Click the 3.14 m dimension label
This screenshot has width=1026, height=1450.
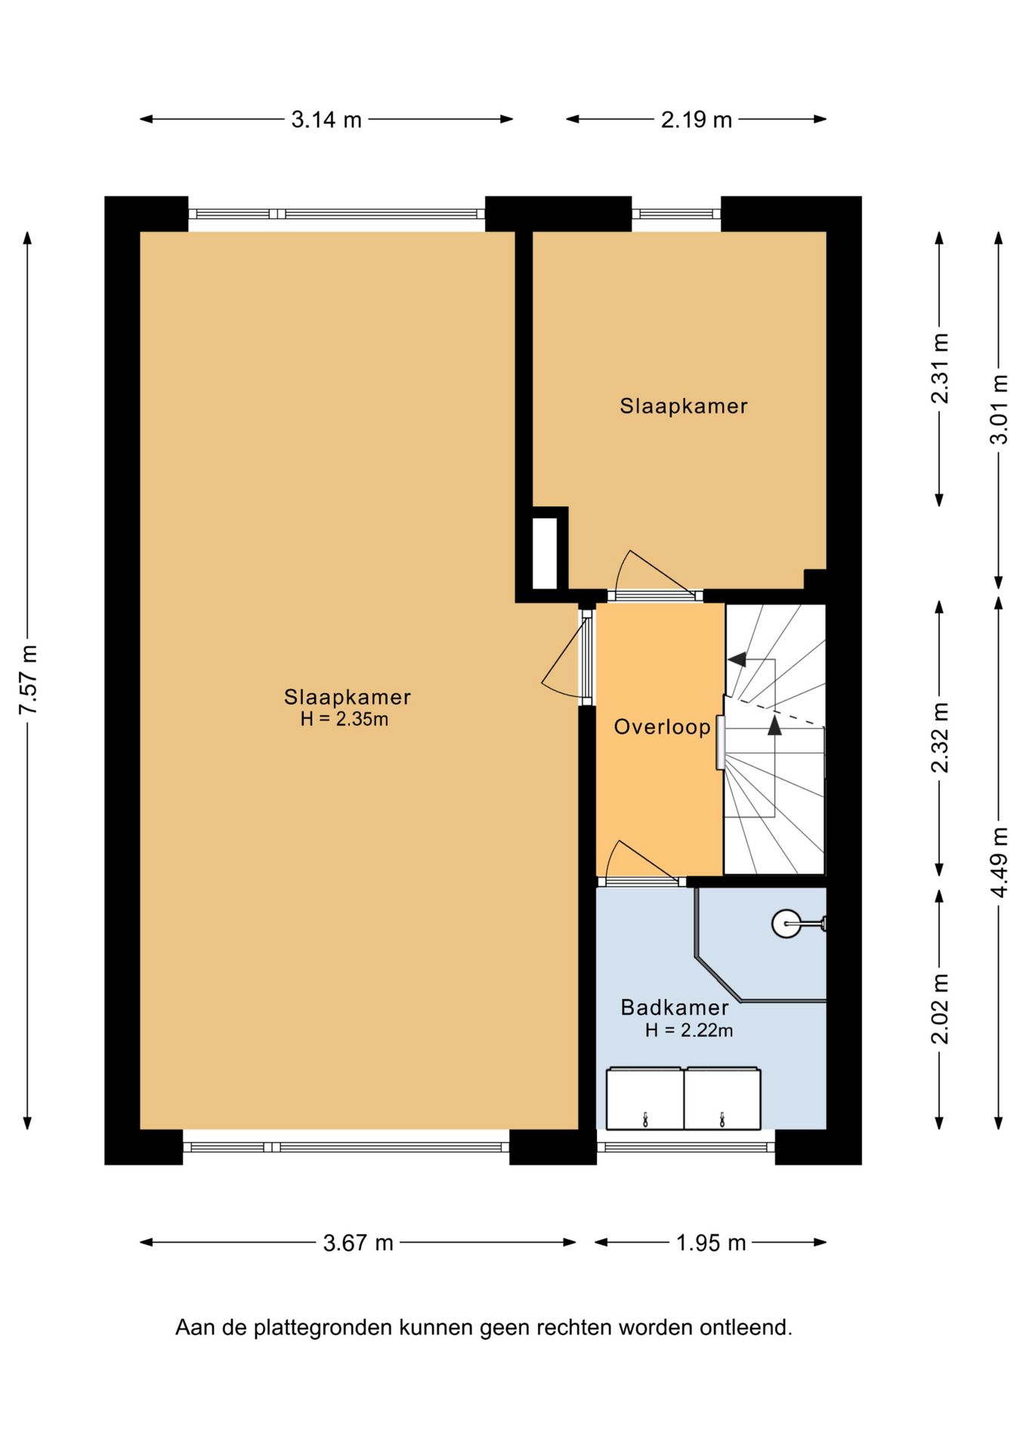[x=326, y=119]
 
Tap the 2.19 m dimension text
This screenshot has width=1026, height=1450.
[x=697, y=119]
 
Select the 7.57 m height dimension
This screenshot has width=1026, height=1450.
[x=29, y=680]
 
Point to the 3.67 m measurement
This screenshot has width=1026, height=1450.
[x=358, y=1242]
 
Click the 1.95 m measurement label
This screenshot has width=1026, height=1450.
[x=711, y=1242]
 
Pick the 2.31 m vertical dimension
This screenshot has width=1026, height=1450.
[x=939, y=369]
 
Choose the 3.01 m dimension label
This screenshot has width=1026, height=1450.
[x=999, y=409]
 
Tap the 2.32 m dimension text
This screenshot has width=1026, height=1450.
[x=939, y=738]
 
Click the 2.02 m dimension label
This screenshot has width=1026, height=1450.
[x=939, y=1009]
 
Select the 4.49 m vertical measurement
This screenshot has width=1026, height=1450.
[x=999, y=862]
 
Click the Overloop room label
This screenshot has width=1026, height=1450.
[x=662, y=727]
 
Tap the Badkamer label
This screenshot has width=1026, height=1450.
[x=675, y=1007]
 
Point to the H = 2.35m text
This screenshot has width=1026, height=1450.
[x=345, y=719]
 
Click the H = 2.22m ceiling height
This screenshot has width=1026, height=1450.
[x=689, y=1030]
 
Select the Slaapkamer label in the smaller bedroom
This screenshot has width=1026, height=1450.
[x=684, y=406]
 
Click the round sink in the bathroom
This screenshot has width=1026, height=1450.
[x=786, y=923]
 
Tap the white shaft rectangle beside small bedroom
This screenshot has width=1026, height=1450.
[x=545, y=553]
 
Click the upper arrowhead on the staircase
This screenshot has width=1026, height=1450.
[x=737, y=659]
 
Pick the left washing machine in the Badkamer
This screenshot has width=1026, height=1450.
[x=645, y=1098]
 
